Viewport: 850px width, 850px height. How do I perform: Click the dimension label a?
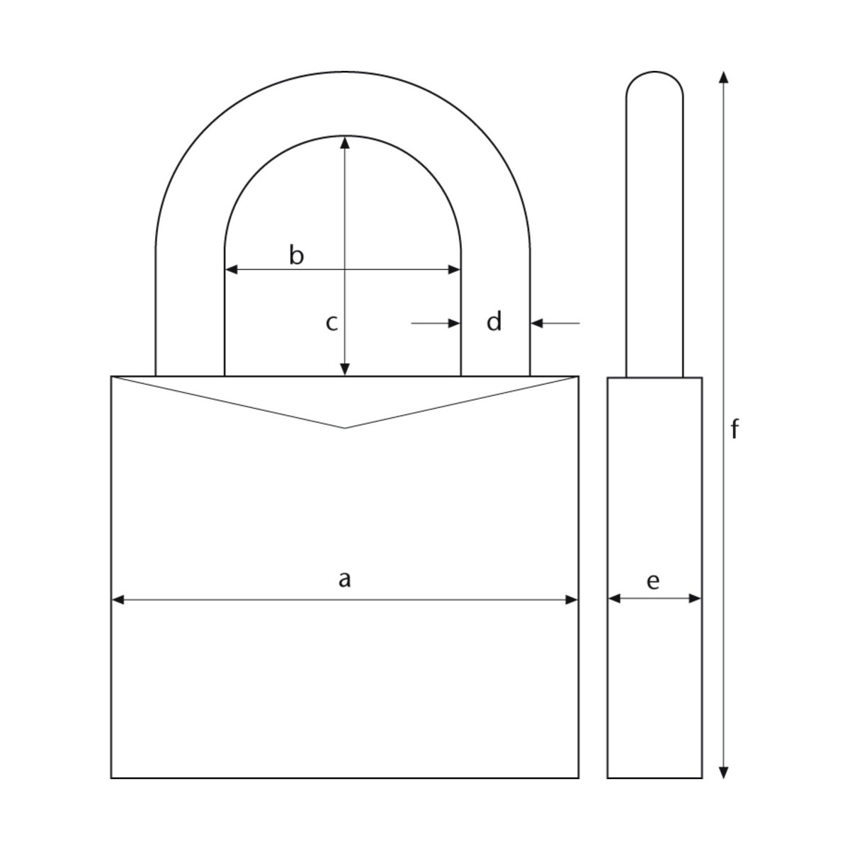coord(344,580)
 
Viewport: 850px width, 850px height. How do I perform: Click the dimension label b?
coord(297,255)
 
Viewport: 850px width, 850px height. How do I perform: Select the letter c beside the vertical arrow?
coord(331,323)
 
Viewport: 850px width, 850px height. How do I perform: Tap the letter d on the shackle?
coord(494,322)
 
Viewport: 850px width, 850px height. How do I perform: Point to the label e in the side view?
coord(653,582)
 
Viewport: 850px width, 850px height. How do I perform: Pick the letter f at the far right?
coord(735,429)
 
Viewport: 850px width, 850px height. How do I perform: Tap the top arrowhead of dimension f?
coord(723,77)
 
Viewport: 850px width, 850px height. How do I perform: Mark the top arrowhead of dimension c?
coord(345,142)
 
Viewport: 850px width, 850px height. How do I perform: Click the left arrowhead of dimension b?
coord(231,269)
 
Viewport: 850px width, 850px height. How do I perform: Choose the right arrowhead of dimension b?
coord(455,269)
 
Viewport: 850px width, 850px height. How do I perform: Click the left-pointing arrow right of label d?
coord(537,323)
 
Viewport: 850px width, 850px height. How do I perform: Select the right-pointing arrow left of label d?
coord(454,323)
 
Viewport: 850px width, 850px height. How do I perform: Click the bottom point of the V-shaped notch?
coord(345,428)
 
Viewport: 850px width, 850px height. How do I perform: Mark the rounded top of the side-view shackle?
coord(654,73)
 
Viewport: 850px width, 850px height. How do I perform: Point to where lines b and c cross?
coord(345,269)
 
